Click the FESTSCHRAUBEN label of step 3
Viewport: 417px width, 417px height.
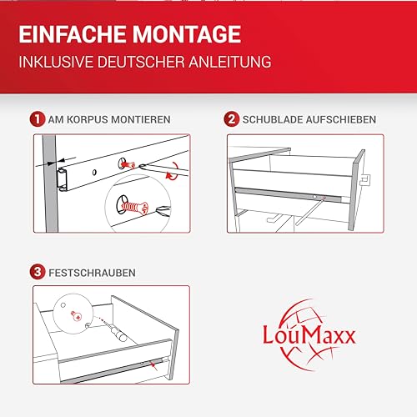click(x=89, y=272)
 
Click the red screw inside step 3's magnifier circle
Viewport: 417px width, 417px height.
click(x=75, y=314)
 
